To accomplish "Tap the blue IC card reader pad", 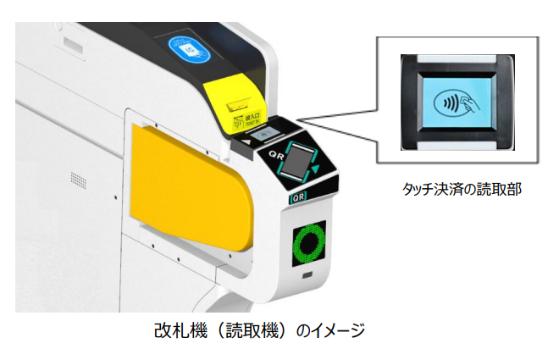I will tap(187, 48).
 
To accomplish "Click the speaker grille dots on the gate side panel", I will tap(78, 181).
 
